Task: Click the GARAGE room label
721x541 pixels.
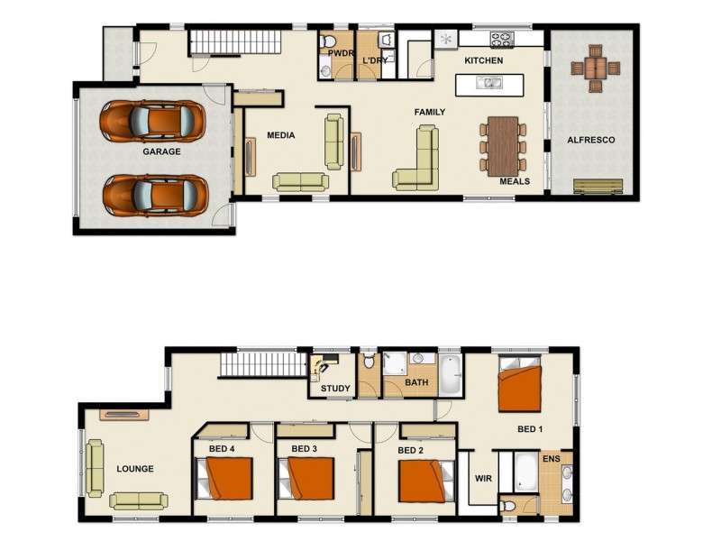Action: click(x=161, y=152)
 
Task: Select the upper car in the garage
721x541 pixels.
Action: click(x=151, y=119)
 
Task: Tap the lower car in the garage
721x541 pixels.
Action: click(x=151, y=192)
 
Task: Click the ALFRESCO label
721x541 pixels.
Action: click(x=591, y=140)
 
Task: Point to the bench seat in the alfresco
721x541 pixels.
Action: click(x=598, y=187)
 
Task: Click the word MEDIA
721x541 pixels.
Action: click(x=281, y=136)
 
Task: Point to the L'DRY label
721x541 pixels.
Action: click(x=375, y=61)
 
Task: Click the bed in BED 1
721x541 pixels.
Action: click(x=520, y=385)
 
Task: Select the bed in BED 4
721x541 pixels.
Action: click(x=226, y=479)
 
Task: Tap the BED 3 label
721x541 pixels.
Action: click(x=305, y=448)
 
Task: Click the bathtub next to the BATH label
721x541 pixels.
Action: click(x=450, y=374)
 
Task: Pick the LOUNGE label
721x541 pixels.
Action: click(x=135, y=469)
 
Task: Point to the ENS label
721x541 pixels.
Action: click(x=551, y=458)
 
